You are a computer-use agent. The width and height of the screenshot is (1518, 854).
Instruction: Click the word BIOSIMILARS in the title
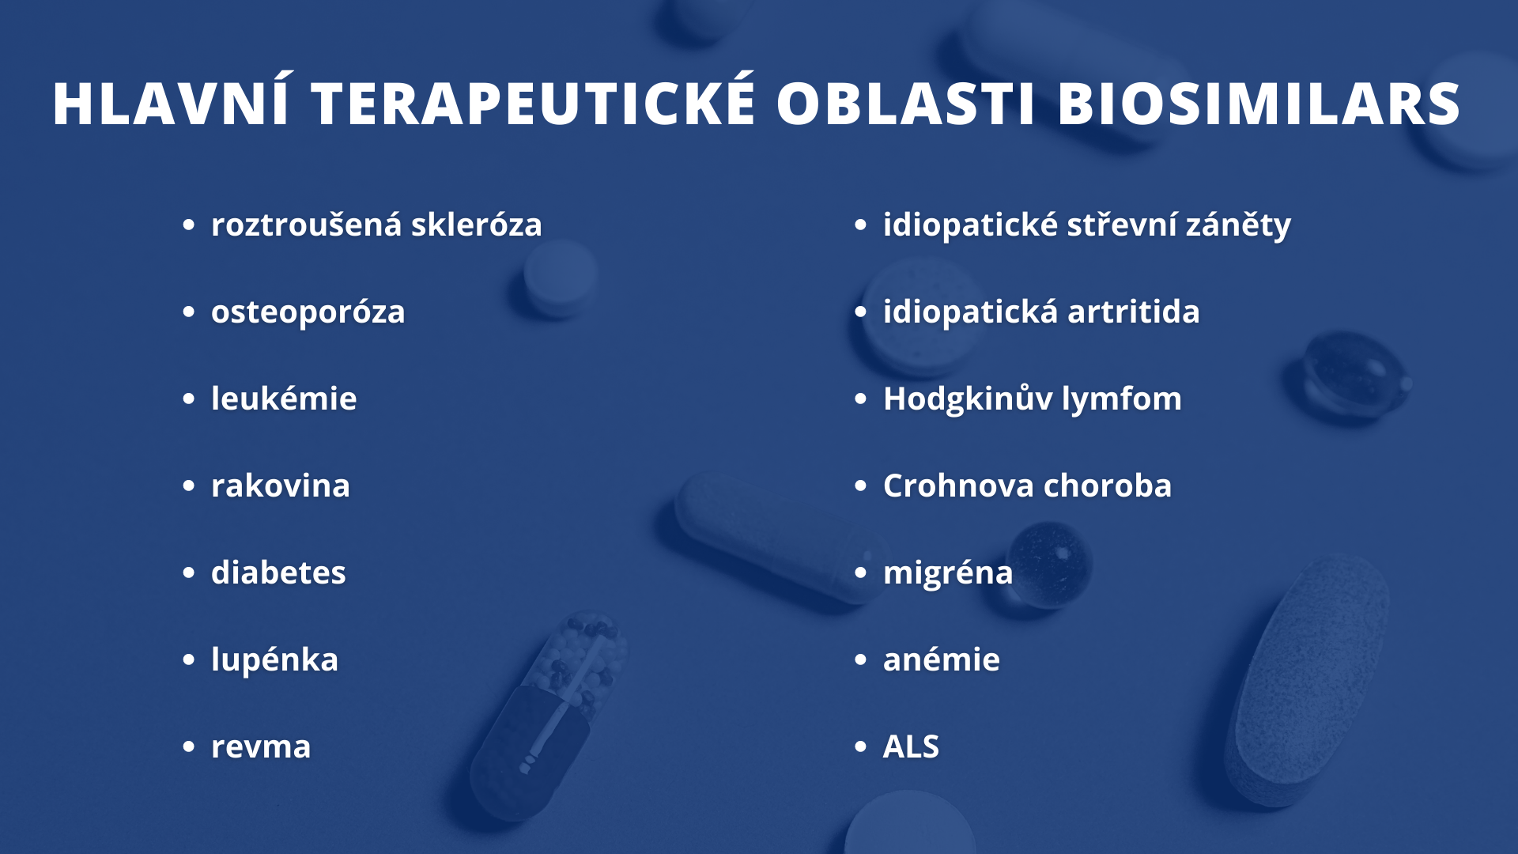pos(1259,104)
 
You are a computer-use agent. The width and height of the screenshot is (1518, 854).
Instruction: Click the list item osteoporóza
pos(308,312)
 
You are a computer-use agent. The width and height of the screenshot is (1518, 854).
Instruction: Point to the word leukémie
pos(284,398)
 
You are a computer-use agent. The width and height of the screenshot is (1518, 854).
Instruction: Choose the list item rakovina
pos(280,485)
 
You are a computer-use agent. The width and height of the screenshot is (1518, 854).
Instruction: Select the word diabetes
pos(278,572)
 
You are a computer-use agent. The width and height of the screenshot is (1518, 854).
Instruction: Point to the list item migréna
pos(948,572)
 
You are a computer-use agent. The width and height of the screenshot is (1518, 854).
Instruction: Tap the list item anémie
pos(941,659)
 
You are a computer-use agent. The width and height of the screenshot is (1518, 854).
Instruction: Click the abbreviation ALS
pos(911,746)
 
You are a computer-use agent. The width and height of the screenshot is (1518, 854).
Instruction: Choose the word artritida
pos(1133,311)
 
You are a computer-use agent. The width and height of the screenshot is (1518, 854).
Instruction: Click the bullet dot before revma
pos(188,746)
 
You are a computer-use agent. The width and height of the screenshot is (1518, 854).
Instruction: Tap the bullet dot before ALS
pos(860,746)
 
